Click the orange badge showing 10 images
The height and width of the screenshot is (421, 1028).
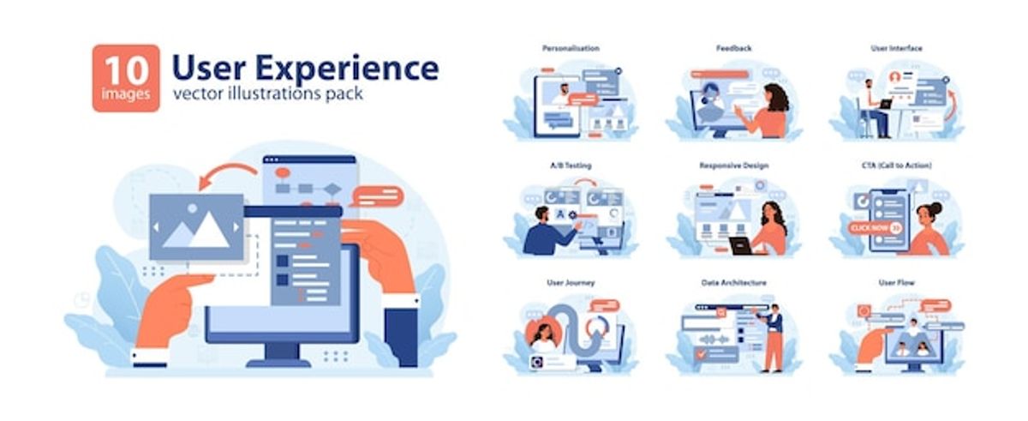(126, 78)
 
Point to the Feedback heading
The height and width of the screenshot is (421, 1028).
(733, 49)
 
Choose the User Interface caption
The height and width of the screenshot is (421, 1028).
(896, 49)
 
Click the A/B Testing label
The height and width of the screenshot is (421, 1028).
(570, 165)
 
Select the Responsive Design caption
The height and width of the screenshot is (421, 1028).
(733, 165)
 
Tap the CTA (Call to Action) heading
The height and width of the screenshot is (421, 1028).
(896, 165)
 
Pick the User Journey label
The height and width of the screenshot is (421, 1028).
(570, 282)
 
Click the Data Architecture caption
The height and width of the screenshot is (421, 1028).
(733, 282)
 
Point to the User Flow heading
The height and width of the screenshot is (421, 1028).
(896, 282)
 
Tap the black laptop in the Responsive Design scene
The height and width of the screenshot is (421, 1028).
(741, 246)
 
